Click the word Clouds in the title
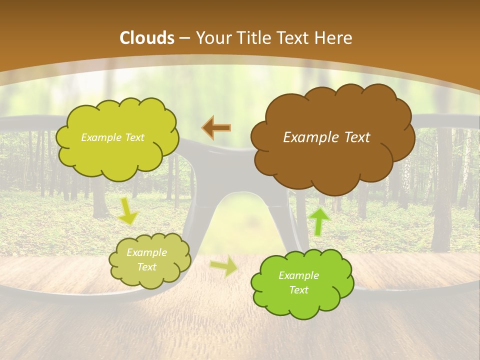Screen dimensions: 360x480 (x=147, y=38)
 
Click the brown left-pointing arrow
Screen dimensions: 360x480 (x=216, y=128)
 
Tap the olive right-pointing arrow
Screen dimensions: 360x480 (x=224, y=267)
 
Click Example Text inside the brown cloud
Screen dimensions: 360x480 (x=326, y=137)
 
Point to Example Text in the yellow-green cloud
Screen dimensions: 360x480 (x=112, y=137)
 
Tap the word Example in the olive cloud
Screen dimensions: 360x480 (x=146, y=252)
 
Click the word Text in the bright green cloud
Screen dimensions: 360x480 (x=298, y=290)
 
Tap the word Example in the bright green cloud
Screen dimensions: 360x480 (x=298, y=275)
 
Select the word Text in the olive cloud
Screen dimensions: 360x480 (x=146, y=267)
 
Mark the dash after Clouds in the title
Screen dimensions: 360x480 (x=184, y=38)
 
